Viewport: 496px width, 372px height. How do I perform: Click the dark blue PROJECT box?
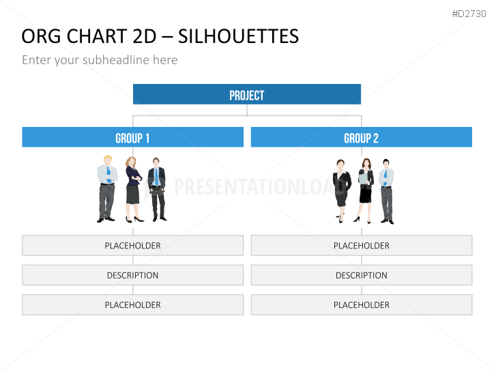[x=247, y=94]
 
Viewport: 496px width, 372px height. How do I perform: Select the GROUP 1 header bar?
[x=133, y=137]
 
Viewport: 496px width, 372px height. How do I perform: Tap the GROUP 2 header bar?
[x=361, y=137]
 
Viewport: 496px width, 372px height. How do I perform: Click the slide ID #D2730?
[x=469, y=14]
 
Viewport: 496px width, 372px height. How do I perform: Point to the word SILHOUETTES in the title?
[x=238, y=36]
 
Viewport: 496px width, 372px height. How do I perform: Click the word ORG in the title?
[x=41, y=36]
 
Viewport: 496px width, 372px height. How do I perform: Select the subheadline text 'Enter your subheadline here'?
[x=100, y=60]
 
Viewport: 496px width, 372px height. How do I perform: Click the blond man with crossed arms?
[x=107, y=188]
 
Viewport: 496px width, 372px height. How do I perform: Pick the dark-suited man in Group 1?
[x=157, y=189]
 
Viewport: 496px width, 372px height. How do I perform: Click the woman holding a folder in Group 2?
[x=366, y=190]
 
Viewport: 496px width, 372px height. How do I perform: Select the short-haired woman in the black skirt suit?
[x=341, y=191]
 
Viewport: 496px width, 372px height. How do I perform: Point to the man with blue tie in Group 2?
[x=387, y=191]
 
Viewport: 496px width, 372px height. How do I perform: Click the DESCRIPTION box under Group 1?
[x=133, y=275]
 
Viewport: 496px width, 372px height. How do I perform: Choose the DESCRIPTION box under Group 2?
[x=362, y=275]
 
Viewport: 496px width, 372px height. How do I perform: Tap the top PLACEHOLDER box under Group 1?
[x=133, y=245]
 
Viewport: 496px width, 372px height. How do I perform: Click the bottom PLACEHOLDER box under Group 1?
[x=133, y=305]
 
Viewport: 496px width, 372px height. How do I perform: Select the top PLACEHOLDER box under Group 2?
[x=362, y=245]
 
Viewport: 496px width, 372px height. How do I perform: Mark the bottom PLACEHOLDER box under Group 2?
[x=362, y=305]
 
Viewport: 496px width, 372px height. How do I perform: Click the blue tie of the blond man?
[x=108, y=175]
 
